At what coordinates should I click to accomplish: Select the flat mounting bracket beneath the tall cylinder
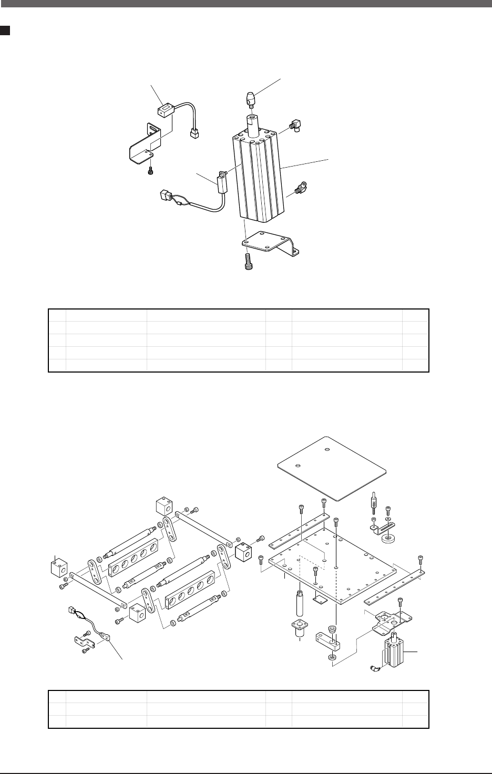point(269,244)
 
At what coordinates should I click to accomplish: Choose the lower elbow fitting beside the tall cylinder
point(301,187)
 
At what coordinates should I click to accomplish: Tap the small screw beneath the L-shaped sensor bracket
point(151,170)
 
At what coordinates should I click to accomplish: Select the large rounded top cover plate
point(333,467)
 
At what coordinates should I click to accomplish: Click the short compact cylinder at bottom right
point(395,652)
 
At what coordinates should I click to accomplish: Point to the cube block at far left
point(58,567)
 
